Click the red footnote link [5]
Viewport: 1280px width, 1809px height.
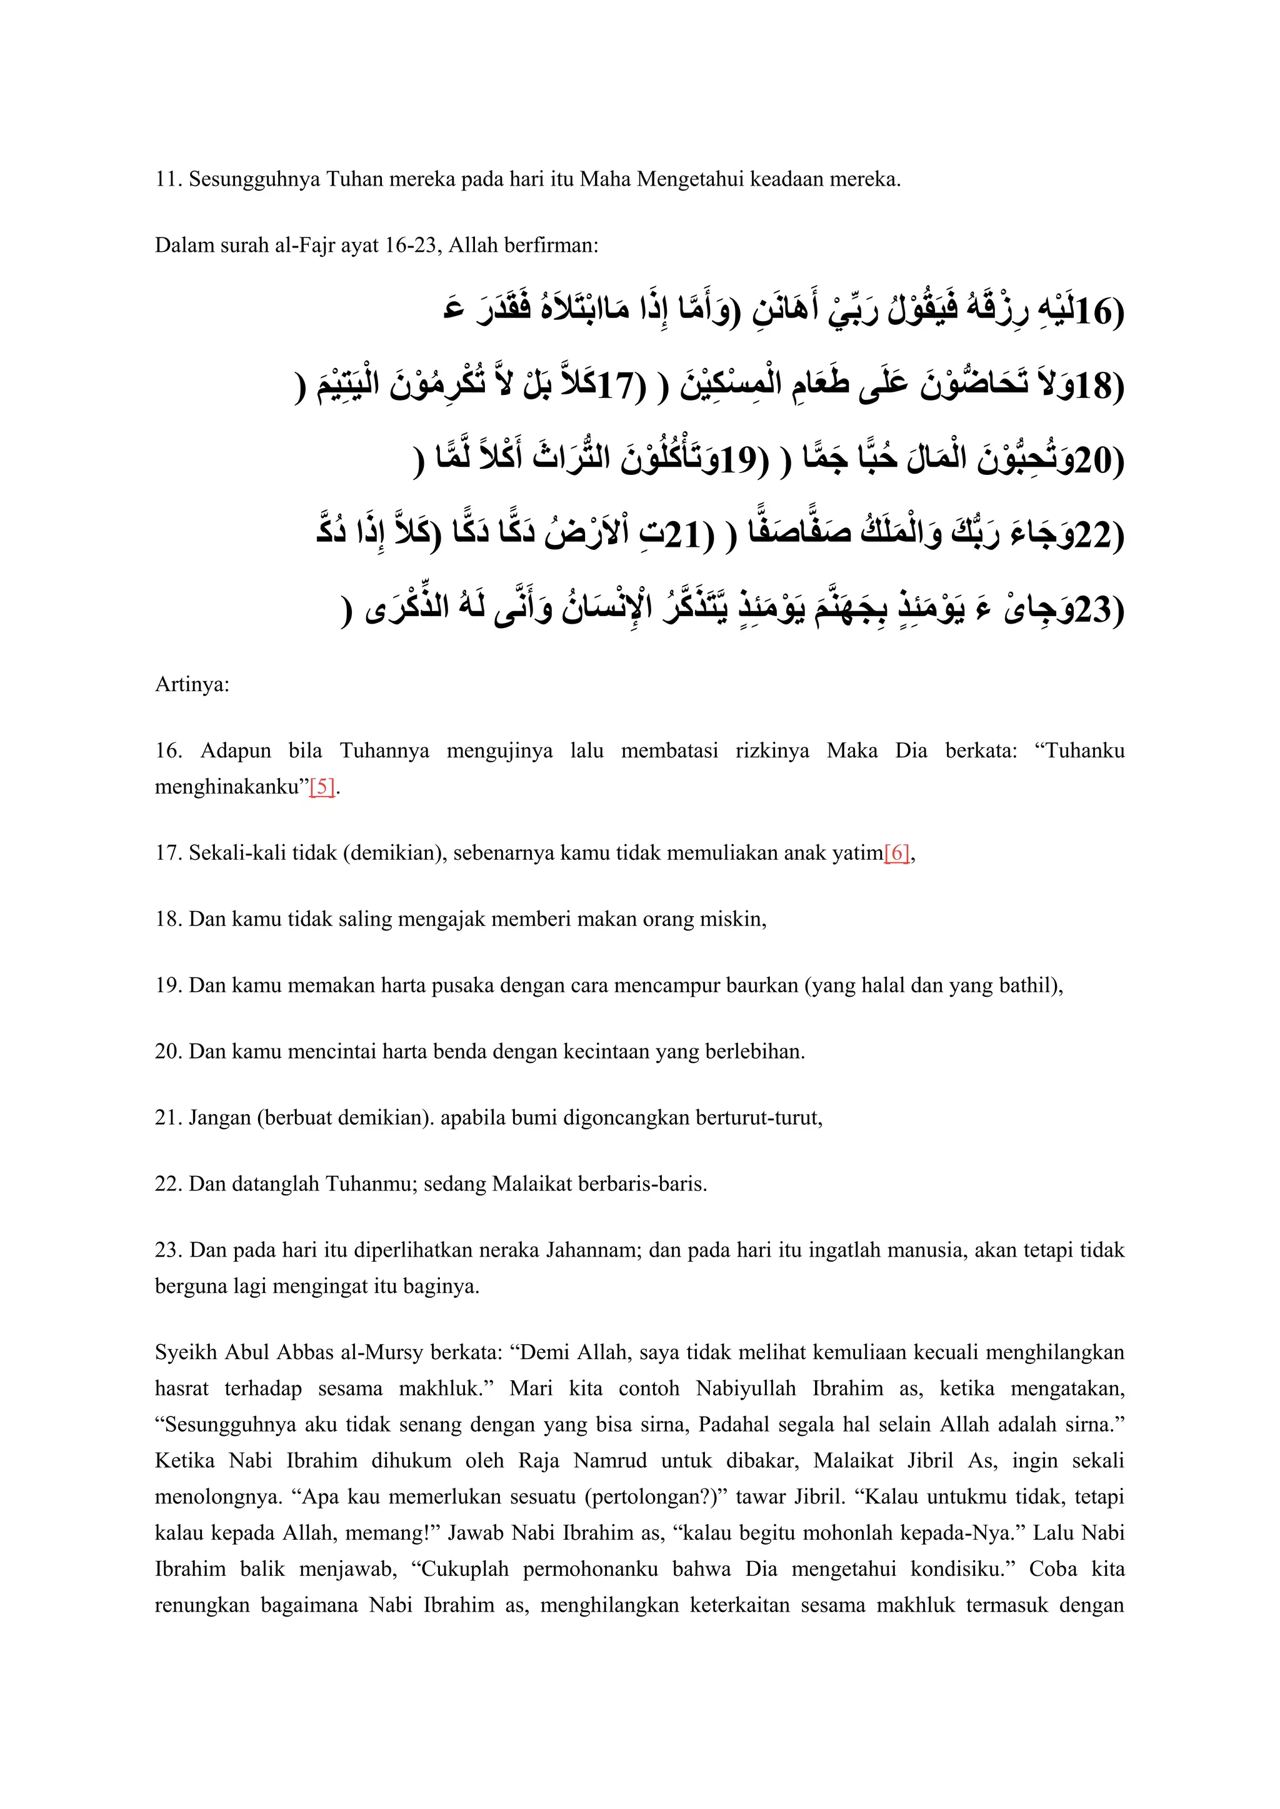pyautogui.click(x=322, y=786)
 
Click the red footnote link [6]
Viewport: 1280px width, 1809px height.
pyautogui.click(x=897, y=852)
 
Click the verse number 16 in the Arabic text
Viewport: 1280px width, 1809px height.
pyautogui.click(x=1092, y=312)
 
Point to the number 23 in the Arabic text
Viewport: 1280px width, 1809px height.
pyautogui.click(x=1092, y=609)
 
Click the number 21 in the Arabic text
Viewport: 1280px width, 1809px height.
pyautogui.click(x=682, y=535)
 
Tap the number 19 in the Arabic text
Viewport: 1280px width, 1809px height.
pyautogui.click(x=737, y=461)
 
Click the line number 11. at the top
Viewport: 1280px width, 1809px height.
pyautogui.click(x=169, y=179)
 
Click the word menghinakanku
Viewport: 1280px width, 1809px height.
pyautogui.click(x=229, y=786)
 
